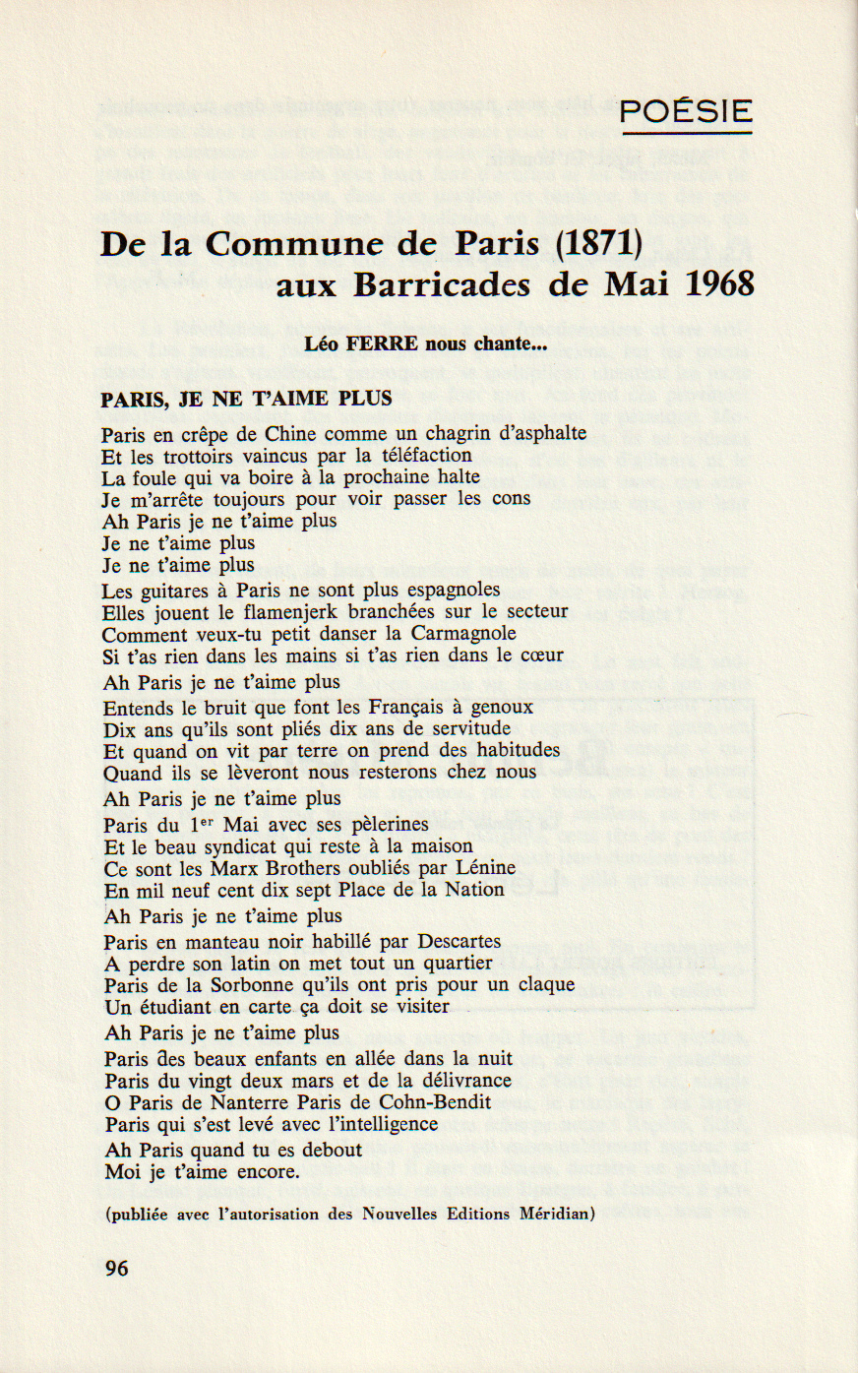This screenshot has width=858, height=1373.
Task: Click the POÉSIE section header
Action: click(x=686, y=111)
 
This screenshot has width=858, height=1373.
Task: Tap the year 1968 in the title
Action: click(x=720, y=284)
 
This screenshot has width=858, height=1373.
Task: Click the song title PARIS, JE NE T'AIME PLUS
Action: click(x=246, y=399)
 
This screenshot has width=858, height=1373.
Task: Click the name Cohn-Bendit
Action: click(x=435, y=1102)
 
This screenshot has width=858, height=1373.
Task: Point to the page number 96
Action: click(x=116, y=1269)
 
